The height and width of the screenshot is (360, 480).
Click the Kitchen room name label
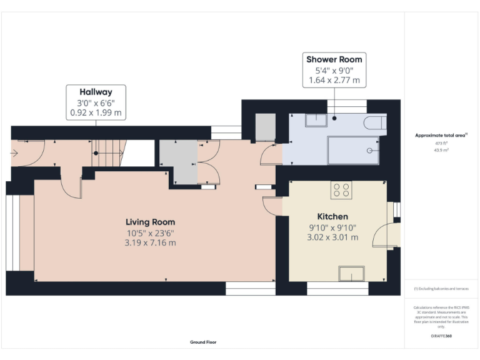(324, 216)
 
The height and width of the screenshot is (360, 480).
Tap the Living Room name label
(150, 222)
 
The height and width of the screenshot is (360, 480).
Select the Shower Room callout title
(334, 59)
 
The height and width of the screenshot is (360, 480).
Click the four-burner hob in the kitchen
(341, 190)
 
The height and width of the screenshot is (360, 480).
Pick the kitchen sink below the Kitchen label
(351, 273)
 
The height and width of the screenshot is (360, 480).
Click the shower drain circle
(369, 150)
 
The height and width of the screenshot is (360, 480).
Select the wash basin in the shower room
(316, 119)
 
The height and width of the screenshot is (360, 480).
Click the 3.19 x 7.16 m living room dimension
(150, 242)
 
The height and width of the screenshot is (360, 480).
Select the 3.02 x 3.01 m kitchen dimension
(332, 237)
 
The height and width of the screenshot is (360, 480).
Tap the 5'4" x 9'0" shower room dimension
(334, 70)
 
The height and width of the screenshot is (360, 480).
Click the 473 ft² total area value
(441, 143)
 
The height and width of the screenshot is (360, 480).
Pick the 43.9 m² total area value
(441, 150)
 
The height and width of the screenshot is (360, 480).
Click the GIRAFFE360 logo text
(441, 336)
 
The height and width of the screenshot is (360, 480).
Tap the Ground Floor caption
(203, 342)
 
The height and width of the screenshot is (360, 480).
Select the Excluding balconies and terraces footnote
(441, 289)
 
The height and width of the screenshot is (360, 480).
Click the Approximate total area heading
(441, 135)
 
